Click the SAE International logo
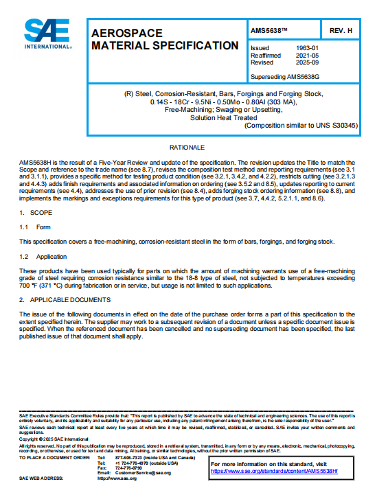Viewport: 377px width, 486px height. tap(47, 35)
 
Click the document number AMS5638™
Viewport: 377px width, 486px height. tap(270, 32)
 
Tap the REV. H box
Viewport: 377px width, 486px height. tap(341, 32)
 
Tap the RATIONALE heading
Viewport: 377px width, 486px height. tap(187, 148)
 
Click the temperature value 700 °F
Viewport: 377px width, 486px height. tap(28, 285)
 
